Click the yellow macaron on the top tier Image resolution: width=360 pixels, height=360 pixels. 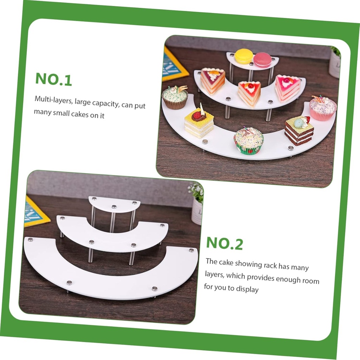(x=244, y=56)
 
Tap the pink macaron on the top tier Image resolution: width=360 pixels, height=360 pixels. (x=263, y=59)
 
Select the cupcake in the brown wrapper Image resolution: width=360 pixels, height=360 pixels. (x=175, y=97)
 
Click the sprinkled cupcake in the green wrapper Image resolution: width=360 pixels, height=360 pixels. (x=249, y=141)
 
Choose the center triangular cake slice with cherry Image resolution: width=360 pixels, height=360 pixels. (x=249, y=93)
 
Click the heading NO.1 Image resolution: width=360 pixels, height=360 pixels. (x=53, y=79)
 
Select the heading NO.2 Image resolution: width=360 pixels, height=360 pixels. (x=224, y=243)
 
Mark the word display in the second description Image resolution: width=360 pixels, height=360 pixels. (x=247, y=289)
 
